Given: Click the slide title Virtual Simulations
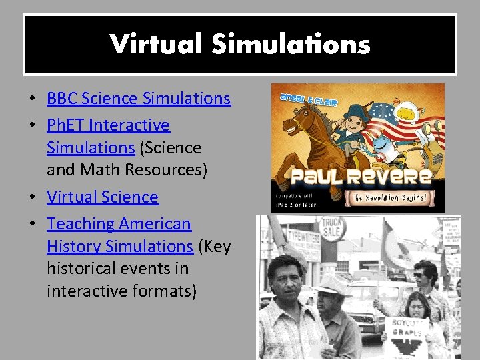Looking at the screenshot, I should pyautogui.click(x=240, y=45).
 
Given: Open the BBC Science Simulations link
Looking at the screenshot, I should pyautogui.click(x=139, y=99).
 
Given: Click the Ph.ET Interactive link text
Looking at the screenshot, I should pyautogui.click(x=108, y=125).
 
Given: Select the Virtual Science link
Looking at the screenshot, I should pyautogui.click(x=103, y=197).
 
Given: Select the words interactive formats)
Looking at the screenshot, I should pyautogui.click(x=121, y=291).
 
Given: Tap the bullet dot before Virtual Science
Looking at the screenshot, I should pyautogui.click(x=32, y=198).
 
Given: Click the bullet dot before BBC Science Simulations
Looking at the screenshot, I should pyautogui.click(x=32, y=99).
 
